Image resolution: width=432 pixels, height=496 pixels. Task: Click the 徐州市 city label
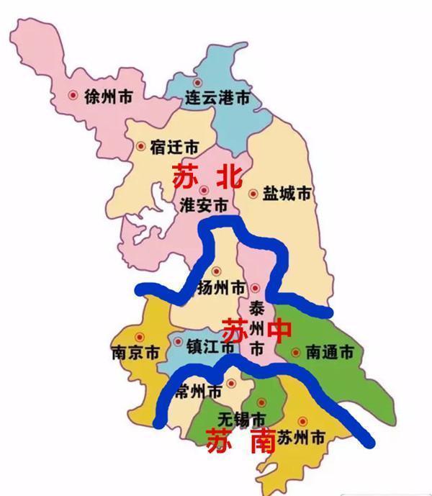tap(109, 95)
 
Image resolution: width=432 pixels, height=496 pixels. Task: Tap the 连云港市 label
tap(217, 98)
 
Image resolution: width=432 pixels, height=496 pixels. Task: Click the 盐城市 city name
tap(287, 194)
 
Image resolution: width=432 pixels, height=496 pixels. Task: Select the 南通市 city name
tap(330, 353)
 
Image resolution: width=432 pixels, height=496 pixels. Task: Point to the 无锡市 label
tap(241, 419)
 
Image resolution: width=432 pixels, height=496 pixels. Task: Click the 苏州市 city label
tap(302, 437)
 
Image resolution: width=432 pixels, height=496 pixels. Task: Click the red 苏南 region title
tap(240, 440)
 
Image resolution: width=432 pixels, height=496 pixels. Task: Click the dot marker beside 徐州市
tap(72, 95)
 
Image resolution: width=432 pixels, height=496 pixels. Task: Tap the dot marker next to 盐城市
tap(253, 193)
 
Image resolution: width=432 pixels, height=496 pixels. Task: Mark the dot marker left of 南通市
tap(296, 353)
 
